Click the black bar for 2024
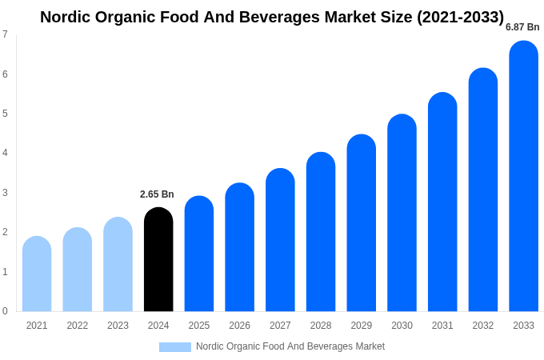(158, 260)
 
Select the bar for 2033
(523, 176)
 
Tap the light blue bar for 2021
(37, 274)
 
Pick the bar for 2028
(321, 232)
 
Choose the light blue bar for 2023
(118, 265)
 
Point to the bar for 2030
(402, 213)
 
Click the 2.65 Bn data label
(157, 194)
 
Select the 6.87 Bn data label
(522, 27)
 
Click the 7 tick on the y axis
(5, 34)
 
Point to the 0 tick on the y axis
(5, 311)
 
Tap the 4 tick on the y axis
(5, 153)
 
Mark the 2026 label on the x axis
(239, 326)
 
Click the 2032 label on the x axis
(482, 326)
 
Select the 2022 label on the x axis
(78, 326)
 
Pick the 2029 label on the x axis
(361, 326)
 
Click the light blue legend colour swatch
(175, 347)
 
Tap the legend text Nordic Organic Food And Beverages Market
(290, 346)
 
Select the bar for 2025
(199, 254)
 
